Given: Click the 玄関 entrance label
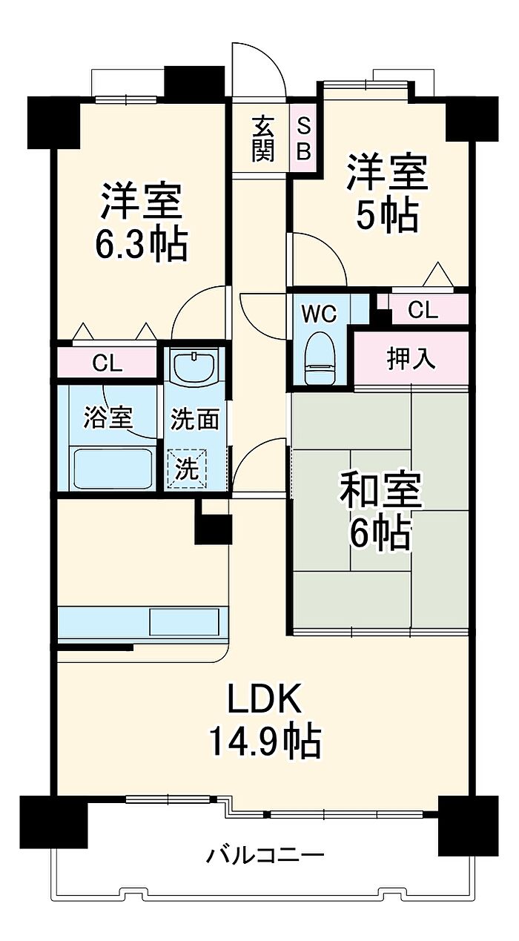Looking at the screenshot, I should point(262,139).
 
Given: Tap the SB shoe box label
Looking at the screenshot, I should point(304,139).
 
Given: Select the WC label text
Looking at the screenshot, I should point(319,314).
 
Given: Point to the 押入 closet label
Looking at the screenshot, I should point(411,360).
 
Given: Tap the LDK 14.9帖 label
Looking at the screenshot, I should point(264,719).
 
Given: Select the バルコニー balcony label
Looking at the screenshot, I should point(265,856).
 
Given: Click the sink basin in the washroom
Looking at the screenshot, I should point(194,366).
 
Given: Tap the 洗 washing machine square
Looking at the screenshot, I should point(188,469).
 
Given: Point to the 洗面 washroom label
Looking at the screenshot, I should point(194,420).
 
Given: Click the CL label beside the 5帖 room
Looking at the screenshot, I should point(423,310).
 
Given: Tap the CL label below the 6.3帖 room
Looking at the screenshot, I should point(108,363).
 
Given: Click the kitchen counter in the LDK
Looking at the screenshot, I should point(139,622).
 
